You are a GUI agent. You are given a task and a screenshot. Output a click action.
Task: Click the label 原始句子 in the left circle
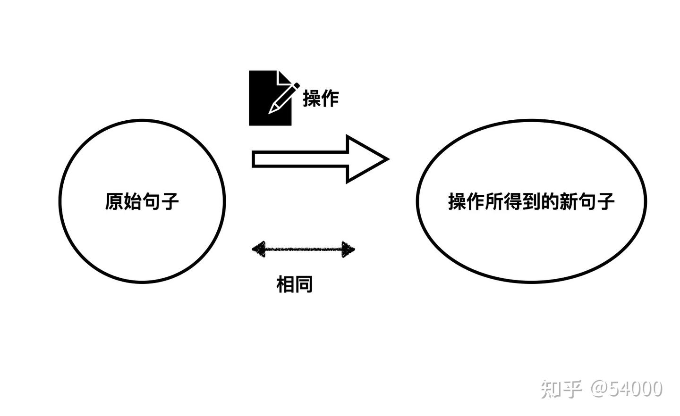pyautogui.click(x=142, y=201)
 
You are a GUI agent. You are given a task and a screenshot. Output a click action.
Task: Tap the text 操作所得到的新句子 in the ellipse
pyautogui.click(x=531, y=201)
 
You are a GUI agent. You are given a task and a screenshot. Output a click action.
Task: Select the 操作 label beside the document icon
pyautogui.click(x=321, y=99)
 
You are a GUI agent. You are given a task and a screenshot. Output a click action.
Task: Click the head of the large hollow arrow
pyautogui.click(x=365, y=159)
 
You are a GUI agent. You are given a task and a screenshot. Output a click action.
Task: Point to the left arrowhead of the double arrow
pyautogui.click(x=259, y=249)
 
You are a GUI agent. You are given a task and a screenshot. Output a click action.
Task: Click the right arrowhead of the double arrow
pyautogui.click(x=348, y=249)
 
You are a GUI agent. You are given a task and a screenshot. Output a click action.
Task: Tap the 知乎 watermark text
pyautogui.click(x=561, y=389)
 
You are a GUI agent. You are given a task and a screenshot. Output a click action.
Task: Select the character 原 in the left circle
pyautogui.click(x=114, y=201)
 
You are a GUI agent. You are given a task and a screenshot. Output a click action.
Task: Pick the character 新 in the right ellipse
pyautogui.click(x=569, y=201)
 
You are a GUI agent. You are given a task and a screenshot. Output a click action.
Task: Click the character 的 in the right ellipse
pyautogui.click(x=550, y=201)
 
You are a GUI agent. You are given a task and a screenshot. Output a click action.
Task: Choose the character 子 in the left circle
pyautogui.click(x=170, y=201)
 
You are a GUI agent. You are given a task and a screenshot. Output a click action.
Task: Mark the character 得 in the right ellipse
pyautogui.click(x=513, y=201)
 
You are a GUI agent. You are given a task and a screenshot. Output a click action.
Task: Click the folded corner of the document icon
pyautogui.click(x=285, y=78)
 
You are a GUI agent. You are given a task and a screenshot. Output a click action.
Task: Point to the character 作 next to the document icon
pyautogui.click(x=330, y=99)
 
